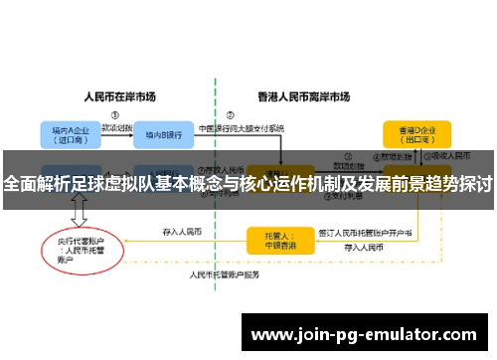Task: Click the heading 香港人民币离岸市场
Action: pos(303,96)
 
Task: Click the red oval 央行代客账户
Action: pos(79,246)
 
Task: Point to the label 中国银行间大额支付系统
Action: pos(242,128)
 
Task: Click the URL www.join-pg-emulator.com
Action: pos(368,334)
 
